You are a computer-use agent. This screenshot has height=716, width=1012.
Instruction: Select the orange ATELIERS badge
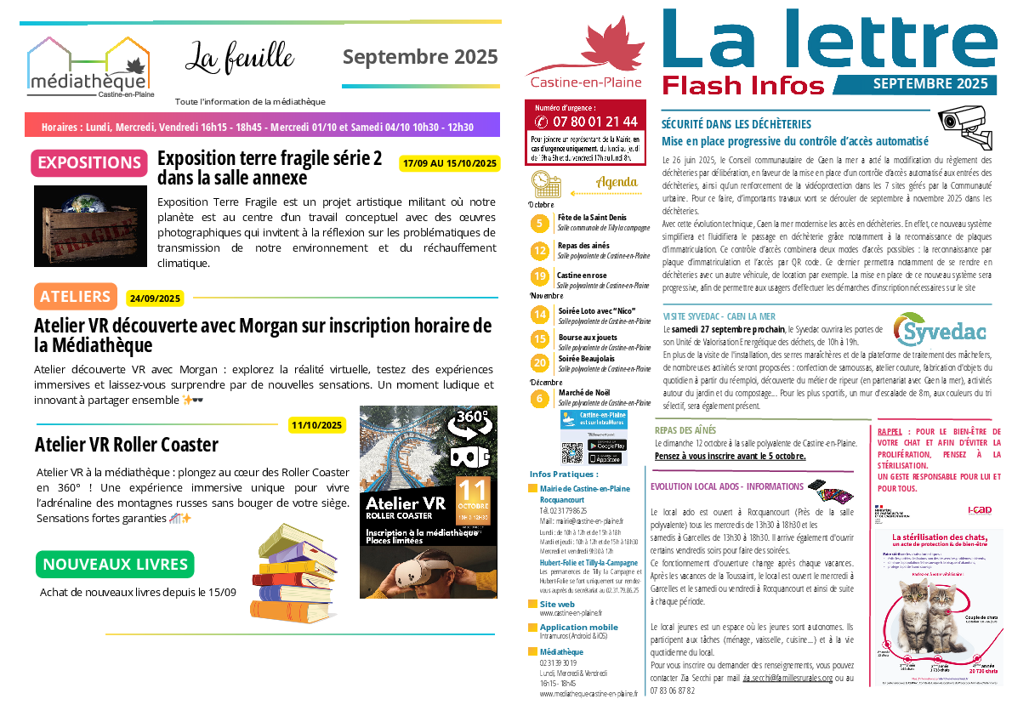click(75, 297)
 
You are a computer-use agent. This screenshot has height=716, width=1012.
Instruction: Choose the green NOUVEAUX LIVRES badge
click(115, 565)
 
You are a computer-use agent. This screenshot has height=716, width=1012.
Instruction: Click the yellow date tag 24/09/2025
click(155, 298)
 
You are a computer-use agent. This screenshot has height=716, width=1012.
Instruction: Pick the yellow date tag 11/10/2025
click(316, 424)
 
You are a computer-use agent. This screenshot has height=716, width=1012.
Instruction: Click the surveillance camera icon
click(964, 124)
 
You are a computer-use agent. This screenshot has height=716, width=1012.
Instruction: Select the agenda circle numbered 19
click(539, 276)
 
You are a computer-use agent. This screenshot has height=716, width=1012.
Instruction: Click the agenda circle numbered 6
click(539, 398)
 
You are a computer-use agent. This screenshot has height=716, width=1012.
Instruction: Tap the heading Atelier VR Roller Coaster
click(127, 445)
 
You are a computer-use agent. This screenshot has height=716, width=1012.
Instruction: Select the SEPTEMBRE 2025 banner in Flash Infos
click(930, 84)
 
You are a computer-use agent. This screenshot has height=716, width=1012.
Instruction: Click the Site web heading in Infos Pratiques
click(557, 604)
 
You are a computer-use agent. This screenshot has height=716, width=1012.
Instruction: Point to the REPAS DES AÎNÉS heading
click(685, 430)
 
